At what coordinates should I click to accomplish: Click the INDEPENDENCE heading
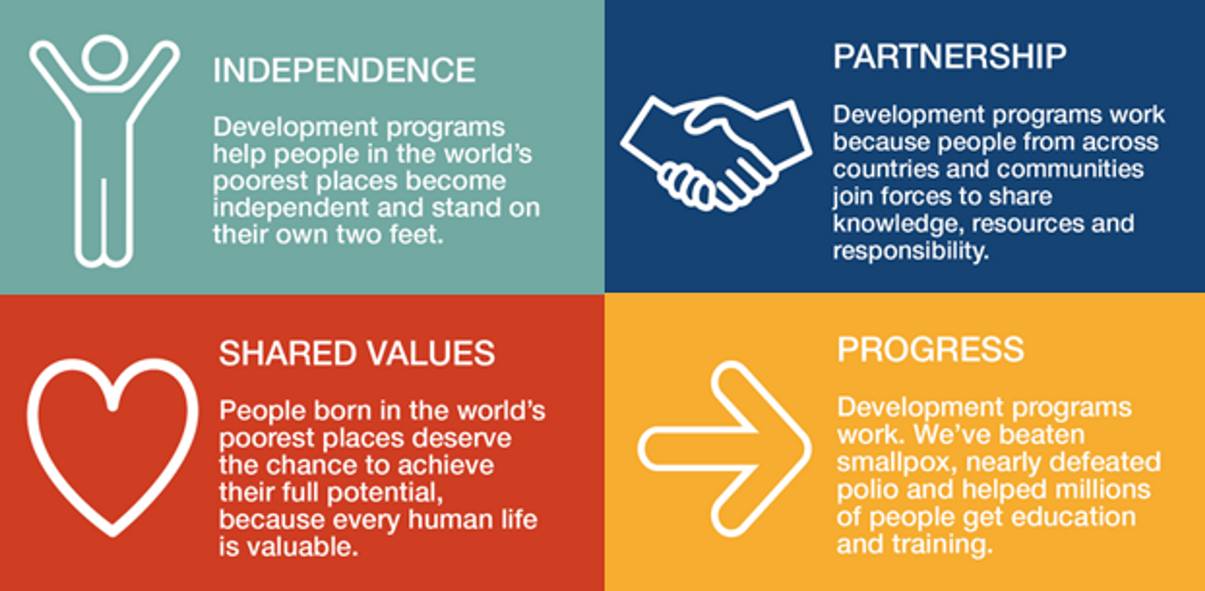[x=344, y=71]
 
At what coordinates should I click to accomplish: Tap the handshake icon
[x=716, y=153]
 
